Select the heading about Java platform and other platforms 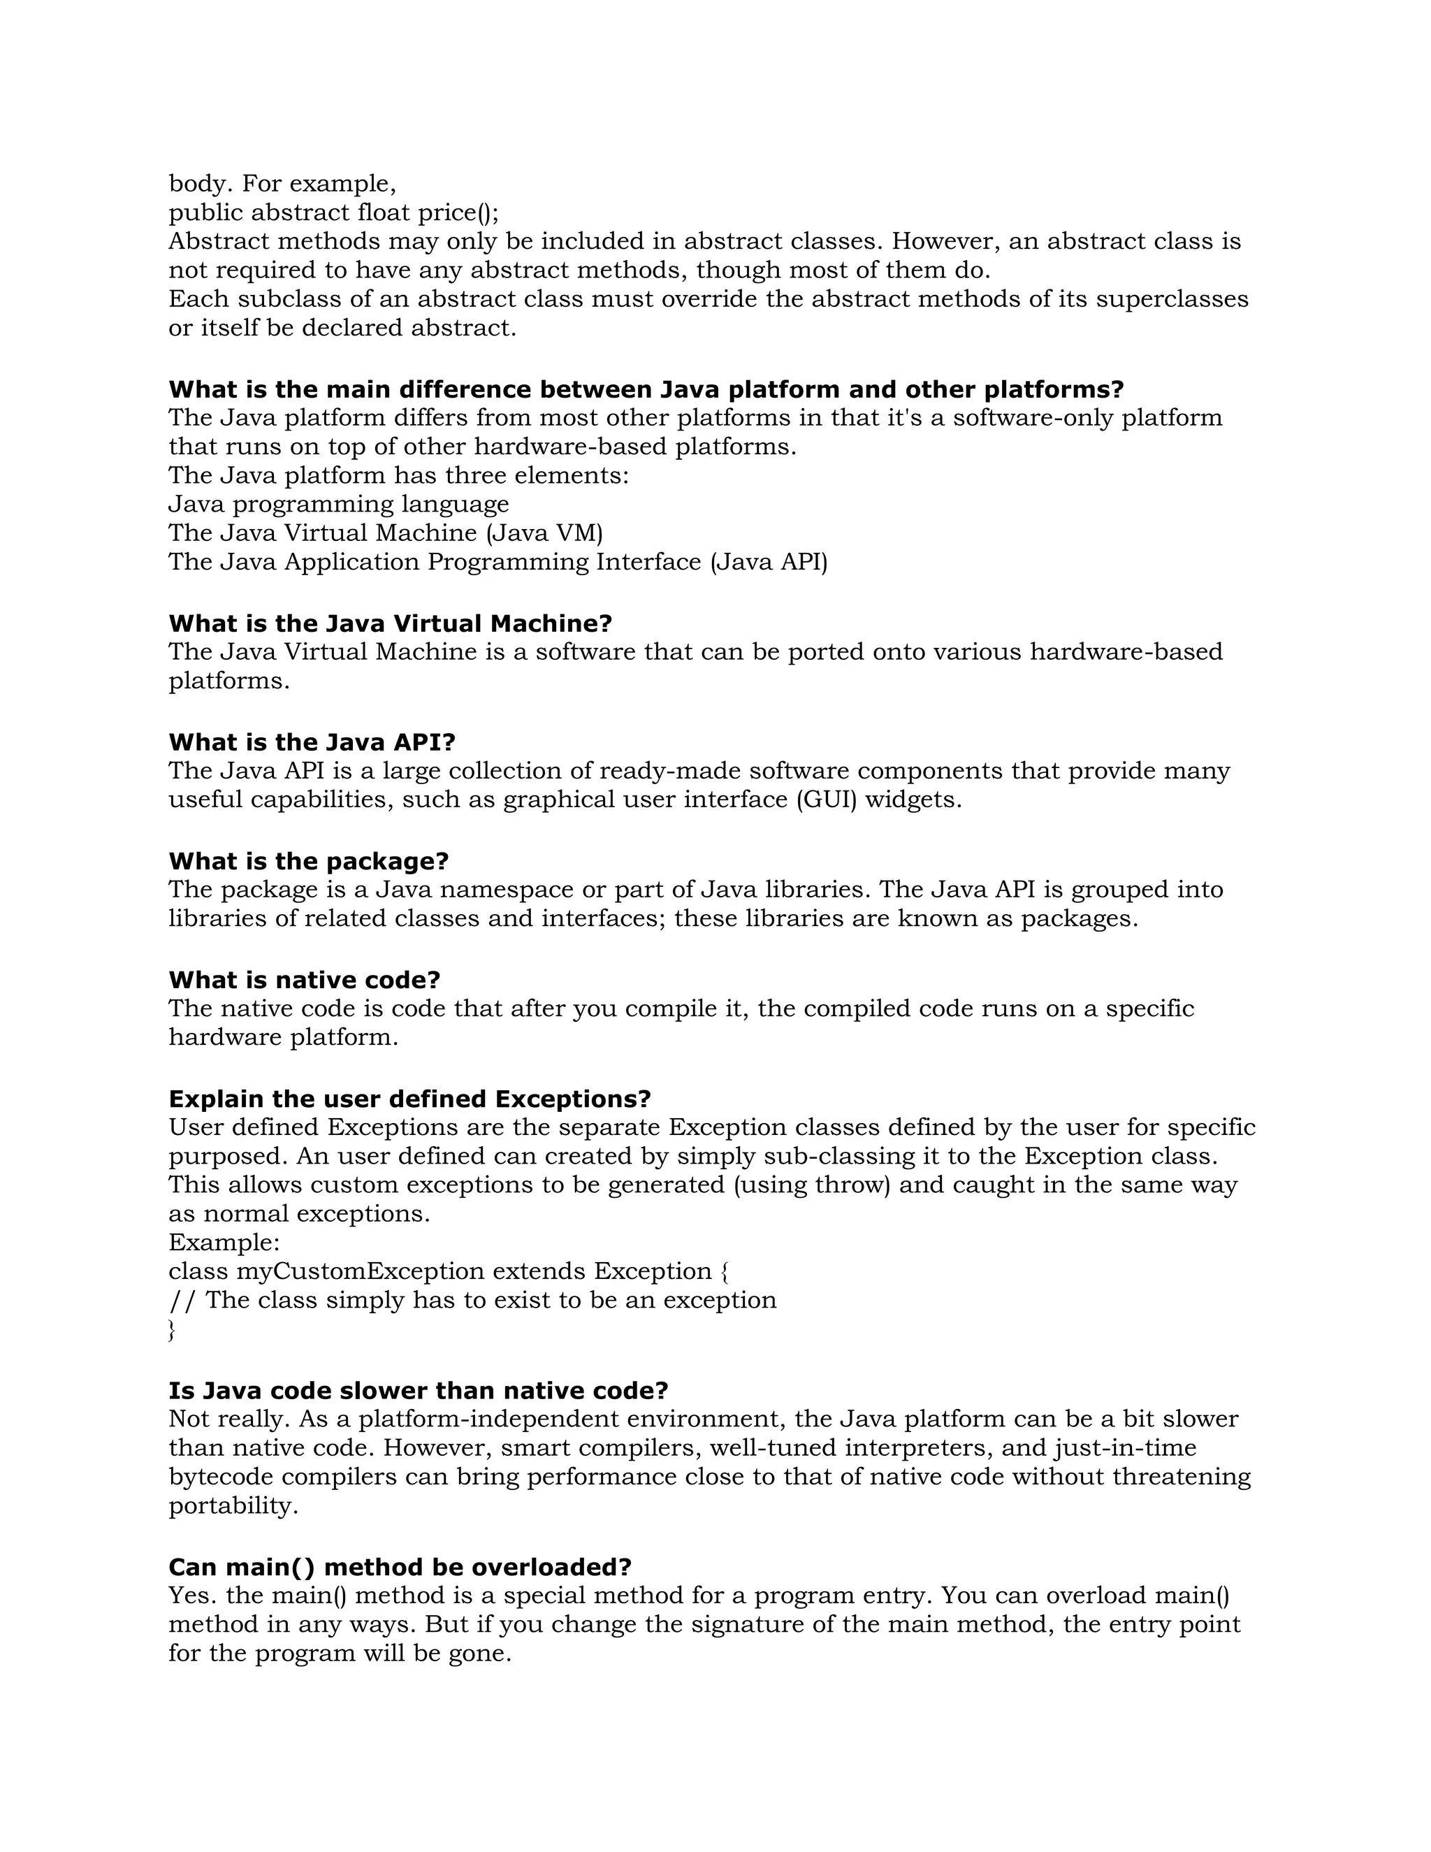646,389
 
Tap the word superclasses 1172,298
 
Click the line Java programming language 339,504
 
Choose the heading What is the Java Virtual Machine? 390,623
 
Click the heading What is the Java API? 312,742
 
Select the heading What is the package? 309,861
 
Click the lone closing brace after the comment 172,1330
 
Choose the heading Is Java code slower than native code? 419,1390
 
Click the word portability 233,1505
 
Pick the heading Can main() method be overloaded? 400,1566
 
